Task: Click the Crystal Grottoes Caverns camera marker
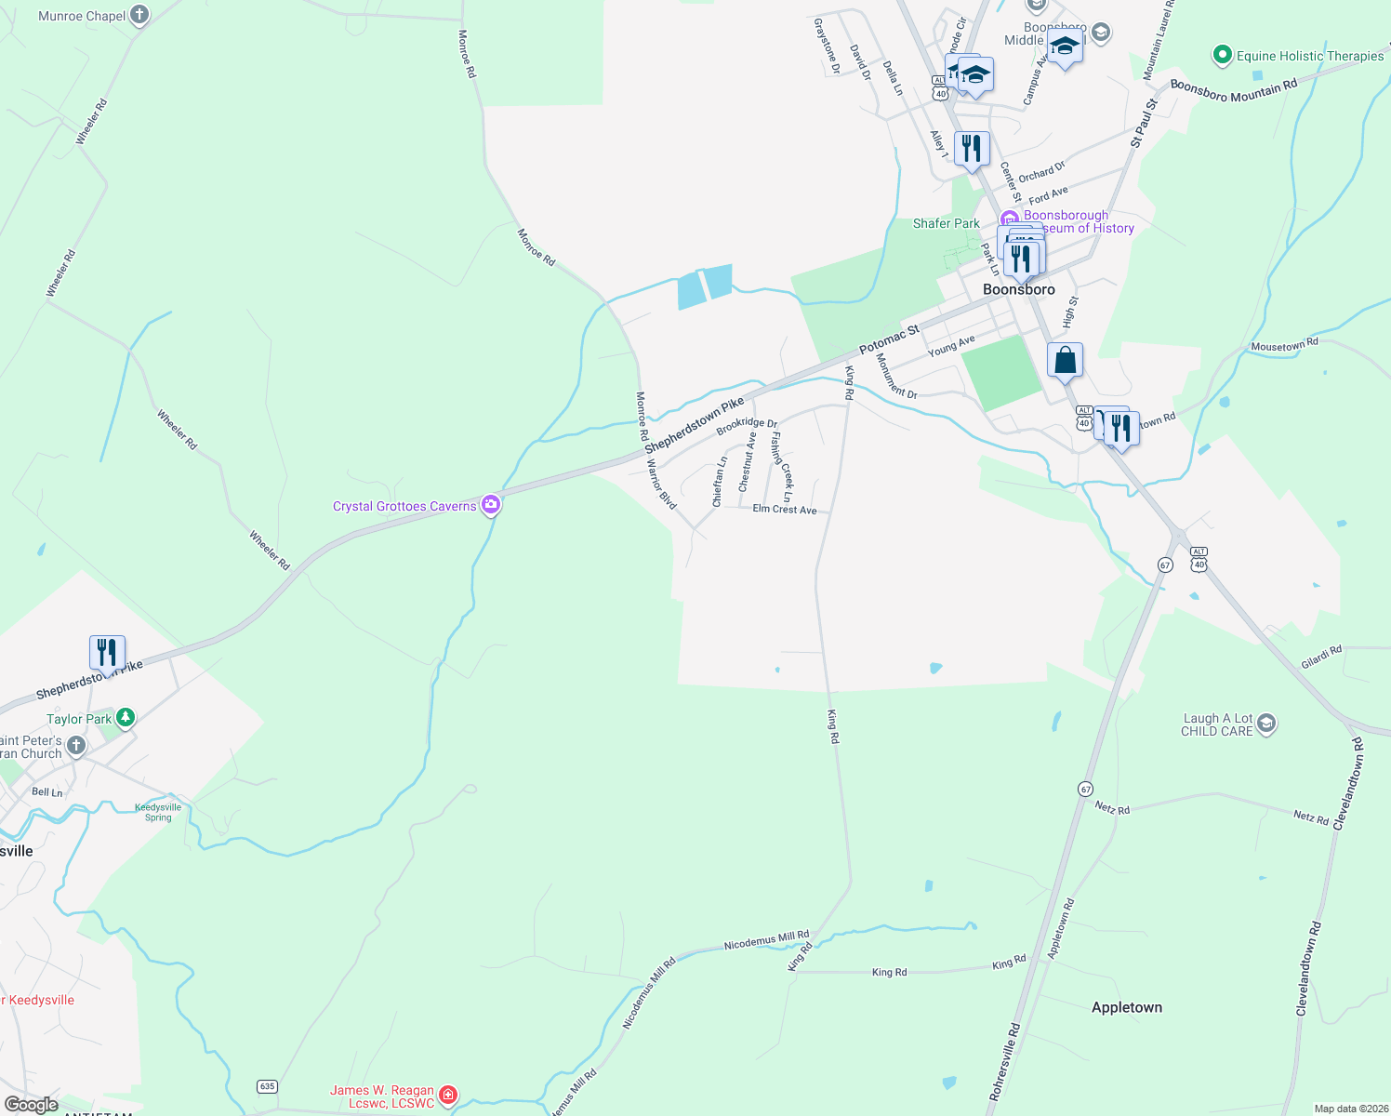[x=491, y=506]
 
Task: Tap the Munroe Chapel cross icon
[x=139, y=16]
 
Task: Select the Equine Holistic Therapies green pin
[x=1223, y=56]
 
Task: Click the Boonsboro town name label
[x=1019, y=289]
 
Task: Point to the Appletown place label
[x=1127, y=1007]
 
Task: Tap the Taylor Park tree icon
[x=126, y=718]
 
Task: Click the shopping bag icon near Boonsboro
[x=1065, y=360]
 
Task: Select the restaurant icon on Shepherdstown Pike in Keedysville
[x=107, y=652]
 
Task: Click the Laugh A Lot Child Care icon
[x=1266, y=724]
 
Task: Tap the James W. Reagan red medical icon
[x=448, y=1096]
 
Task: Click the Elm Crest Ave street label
[x=785, y=510]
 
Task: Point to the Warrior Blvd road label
[x=661, y=484]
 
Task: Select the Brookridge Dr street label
[x=747, y=426]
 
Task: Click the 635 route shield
[x=268, y=1086]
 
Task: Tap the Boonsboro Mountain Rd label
[x=1234, y=90]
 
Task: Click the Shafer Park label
[x=946, y=223]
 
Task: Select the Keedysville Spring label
[x=158, y=812]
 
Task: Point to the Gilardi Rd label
[x=1321, y=657]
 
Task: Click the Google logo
[x=31, y=1104]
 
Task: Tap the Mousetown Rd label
[x=1284, y=345]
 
